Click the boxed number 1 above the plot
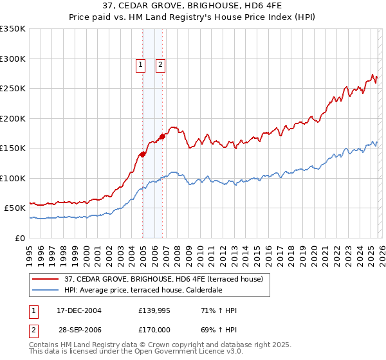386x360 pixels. pyautogui.click(x=140, y=64)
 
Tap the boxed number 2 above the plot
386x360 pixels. pyautogui.click(x=160, y=64)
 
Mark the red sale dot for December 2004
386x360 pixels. pyautogui.click(x=142, y=154)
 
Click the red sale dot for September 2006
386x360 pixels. pyautogui.click(x=163, y=136)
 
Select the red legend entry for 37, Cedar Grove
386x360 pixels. pyautogui.click(x=163, y=279)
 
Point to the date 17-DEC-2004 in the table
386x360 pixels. pyautogui.click(x=79, y=310)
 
